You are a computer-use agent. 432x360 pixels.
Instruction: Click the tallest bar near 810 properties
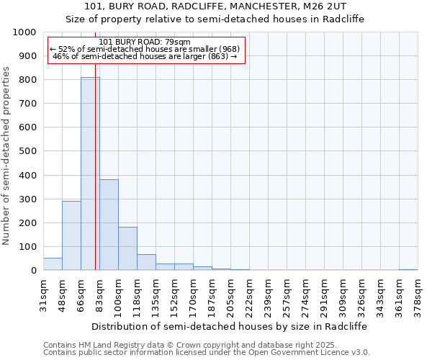90,174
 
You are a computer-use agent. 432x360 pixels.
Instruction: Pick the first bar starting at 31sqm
53,264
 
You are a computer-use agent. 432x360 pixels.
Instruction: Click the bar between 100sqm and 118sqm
127,248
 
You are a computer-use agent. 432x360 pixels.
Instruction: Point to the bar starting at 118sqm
146,262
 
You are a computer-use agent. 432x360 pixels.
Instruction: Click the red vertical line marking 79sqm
95,180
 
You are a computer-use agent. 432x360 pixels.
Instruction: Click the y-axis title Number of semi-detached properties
6,156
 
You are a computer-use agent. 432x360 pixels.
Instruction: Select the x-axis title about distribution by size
230,326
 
